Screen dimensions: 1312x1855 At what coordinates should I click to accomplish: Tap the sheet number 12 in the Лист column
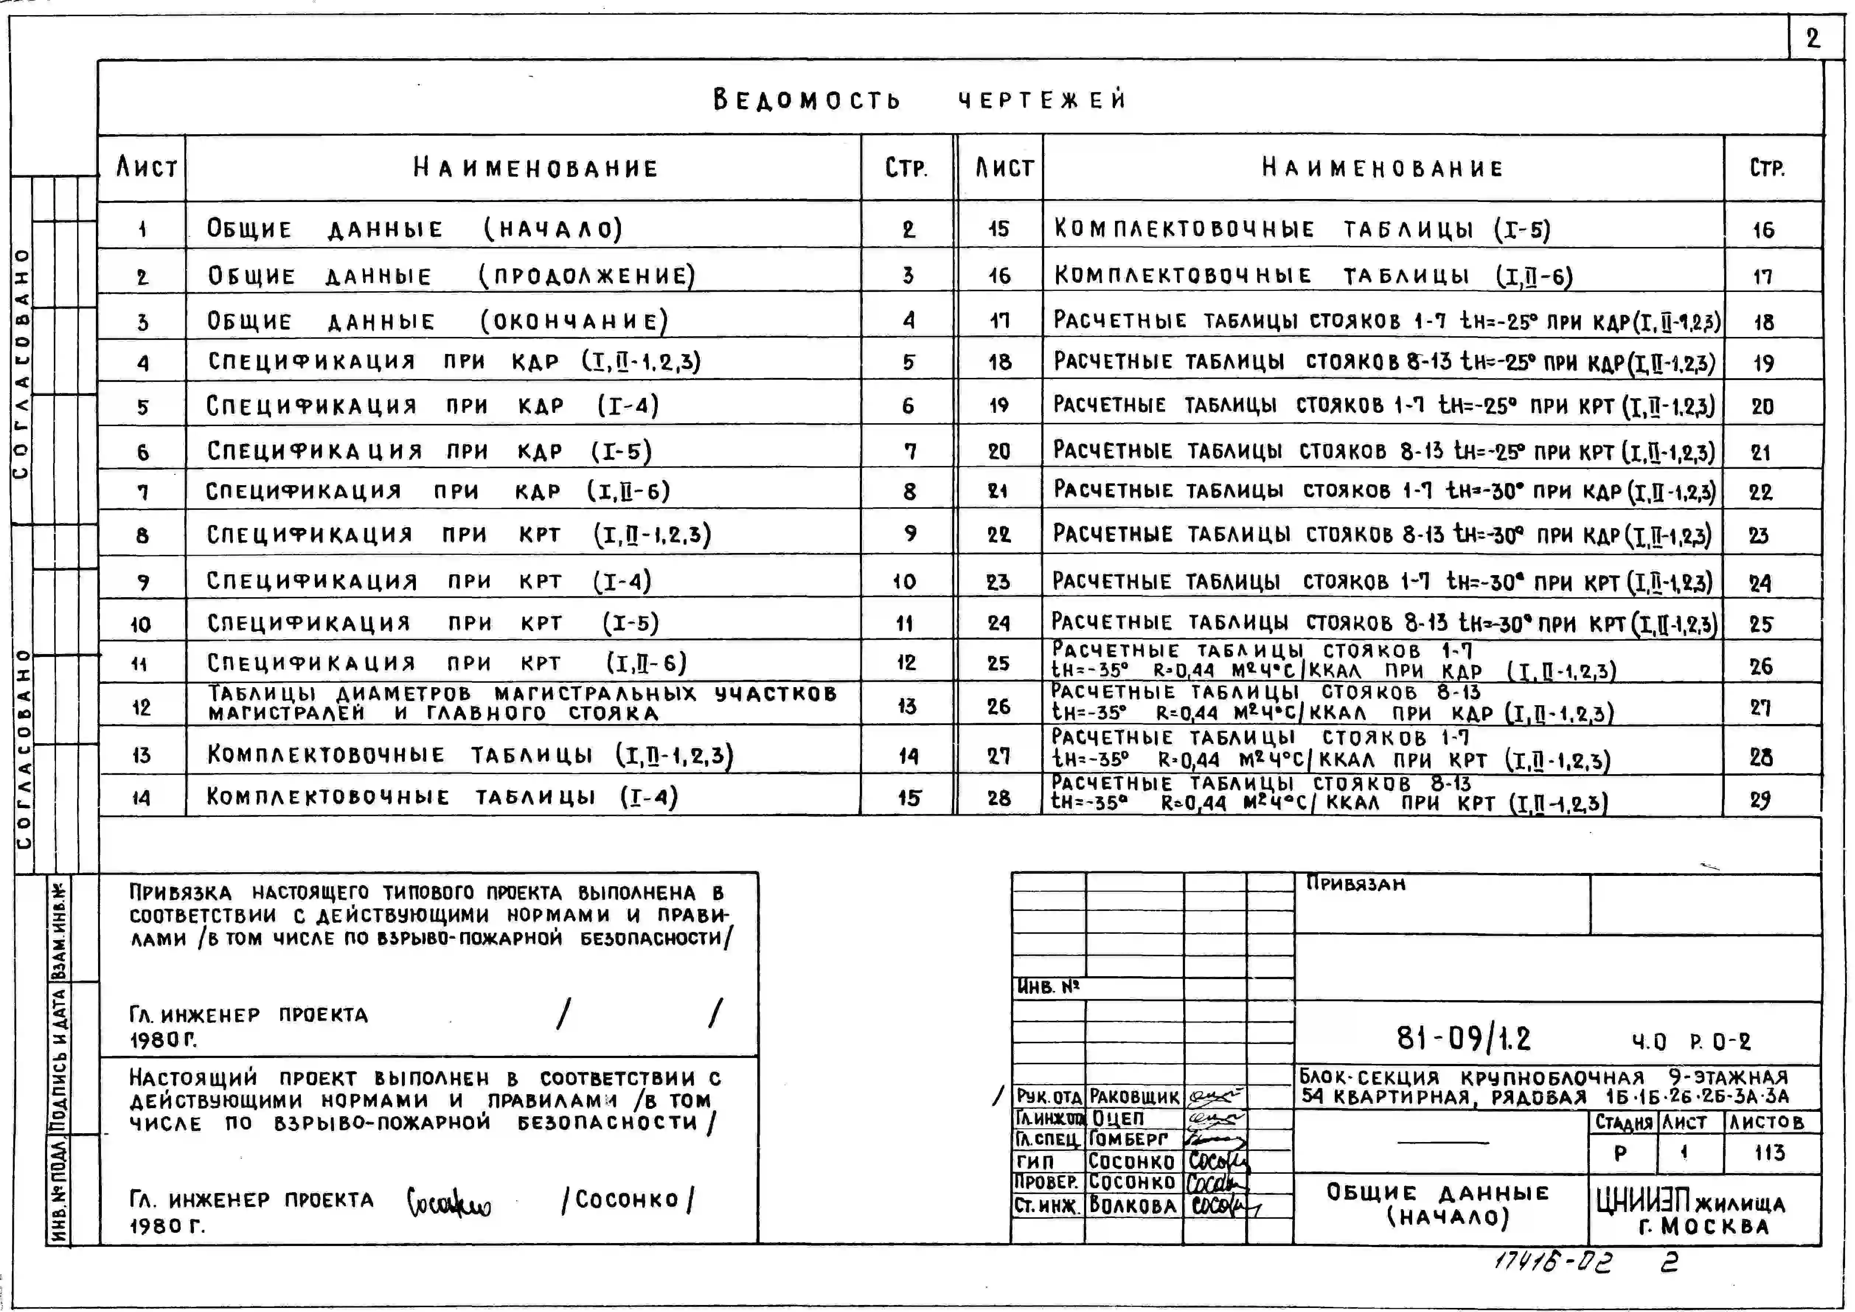pyautogui.click(x=141, y=708)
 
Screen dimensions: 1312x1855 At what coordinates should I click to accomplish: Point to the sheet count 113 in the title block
pyautogui.click(x=1769, y=1153)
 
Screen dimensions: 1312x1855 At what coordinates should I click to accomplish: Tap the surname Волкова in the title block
pyautogui.click(x=1133, y=1205)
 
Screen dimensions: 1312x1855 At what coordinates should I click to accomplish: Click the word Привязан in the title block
pyautogui.click(x=1356, y=884)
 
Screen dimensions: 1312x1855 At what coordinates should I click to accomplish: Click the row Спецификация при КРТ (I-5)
pyautogui.click(x=432, y=623)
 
